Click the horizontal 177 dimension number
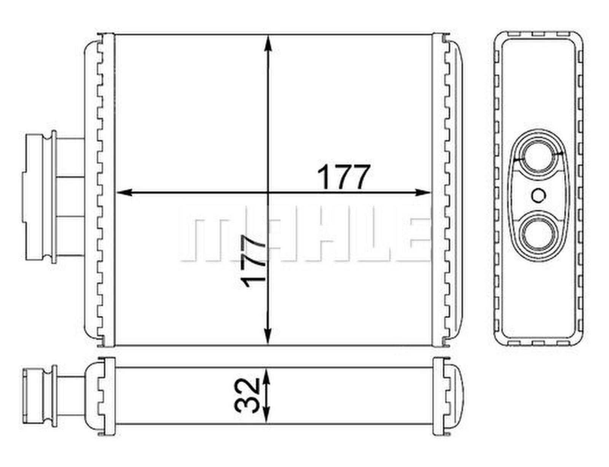click(343, 177)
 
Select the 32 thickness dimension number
click(247, 396)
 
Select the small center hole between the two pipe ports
click(538, 195)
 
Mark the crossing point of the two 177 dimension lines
click(269, 192)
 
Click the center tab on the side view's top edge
click(538, 34)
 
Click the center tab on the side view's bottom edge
click(538, 343)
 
